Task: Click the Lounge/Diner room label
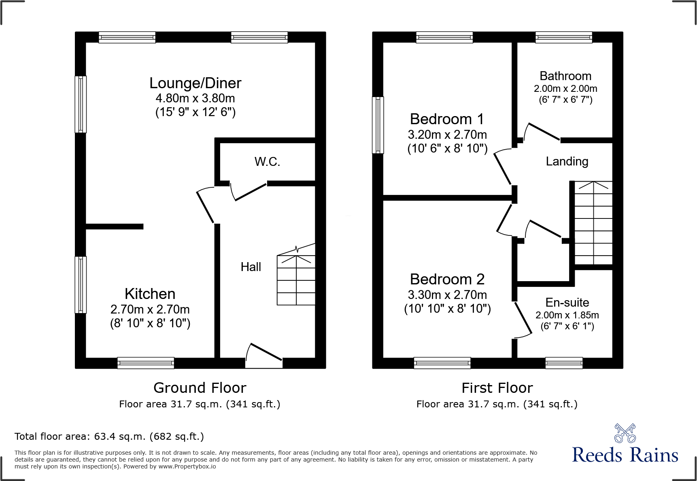(x=195, y=83)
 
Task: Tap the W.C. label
(x=267, y=162)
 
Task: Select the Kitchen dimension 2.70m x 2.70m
(x=150, y=309)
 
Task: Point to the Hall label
(x=251, y=267)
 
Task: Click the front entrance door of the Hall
(x=264, y=356)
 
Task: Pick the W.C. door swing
(x=249, y=192)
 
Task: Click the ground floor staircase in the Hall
(x=296, y=280)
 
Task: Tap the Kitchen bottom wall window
(x=146, y=363)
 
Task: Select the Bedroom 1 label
(x=447, y=119)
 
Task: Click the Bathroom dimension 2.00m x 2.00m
(x=565, y=89)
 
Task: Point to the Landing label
(x=567, y=161)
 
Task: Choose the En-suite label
(x=567, y=303)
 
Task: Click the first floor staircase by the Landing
(x=593, y=223)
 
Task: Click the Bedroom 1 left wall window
(x=378, y=125)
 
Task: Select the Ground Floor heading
(x=200, y=388)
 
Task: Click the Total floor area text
(x=109, y=437)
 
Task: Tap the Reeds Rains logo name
(x=625, y=456)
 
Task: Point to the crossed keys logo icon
(x=625, y=433)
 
